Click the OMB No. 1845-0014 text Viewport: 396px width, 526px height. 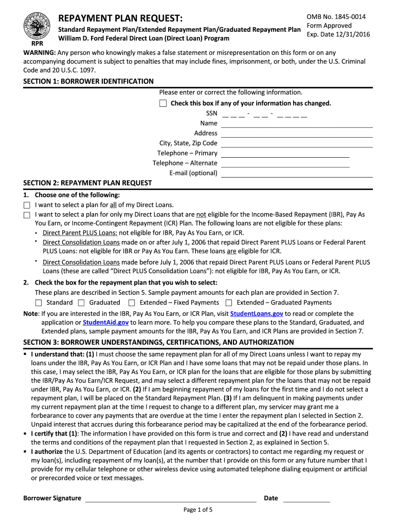coord(336,17)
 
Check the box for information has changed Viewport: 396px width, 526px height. coord(163,103)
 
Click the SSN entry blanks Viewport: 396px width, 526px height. coord(265,114)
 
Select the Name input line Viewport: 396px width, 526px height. coord(297,123)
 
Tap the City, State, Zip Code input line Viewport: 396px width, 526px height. coord(297,143)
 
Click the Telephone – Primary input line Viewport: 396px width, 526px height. coord(285,153)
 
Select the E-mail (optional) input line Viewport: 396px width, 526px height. coord(297,173)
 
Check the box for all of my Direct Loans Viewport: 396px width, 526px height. coord(27,205)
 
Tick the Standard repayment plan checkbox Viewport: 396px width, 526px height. coord(39,303)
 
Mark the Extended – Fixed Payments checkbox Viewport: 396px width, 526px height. coord(132,303)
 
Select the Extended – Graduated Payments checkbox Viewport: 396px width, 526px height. coord(229,303)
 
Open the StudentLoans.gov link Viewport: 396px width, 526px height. coord(257,313)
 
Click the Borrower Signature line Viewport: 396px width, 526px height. coord(170,498)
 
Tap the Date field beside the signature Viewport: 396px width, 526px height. coord(307,498)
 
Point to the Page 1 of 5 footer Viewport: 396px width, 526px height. coord(198,510)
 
